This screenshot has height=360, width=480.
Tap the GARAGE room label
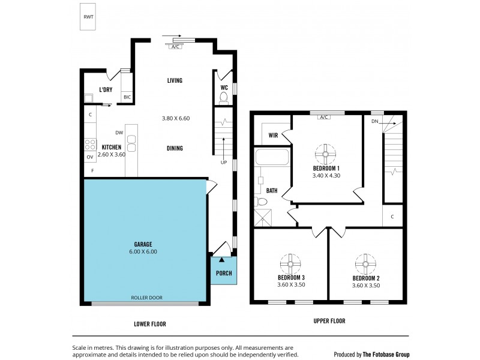[143, 244]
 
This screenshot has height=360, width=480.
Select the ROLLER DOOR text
[147, 298]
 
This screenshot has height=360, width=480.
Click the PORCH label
[223, 273]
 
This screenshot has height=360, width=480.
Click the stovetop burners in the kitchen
[91, 144]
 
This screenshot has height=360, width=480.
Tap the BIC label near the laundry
[127, 97]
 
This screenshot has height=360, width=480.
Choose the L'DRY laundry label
[106, 90]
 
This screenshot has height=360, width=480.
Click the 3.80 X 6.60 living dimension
[176, 118]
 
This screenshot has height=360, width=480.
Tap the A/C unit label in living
[176, 46]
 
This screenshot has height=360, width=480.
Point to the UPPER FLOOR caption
[329, 321]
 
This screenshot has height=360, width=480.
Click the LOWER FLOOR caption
[149, 324]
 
